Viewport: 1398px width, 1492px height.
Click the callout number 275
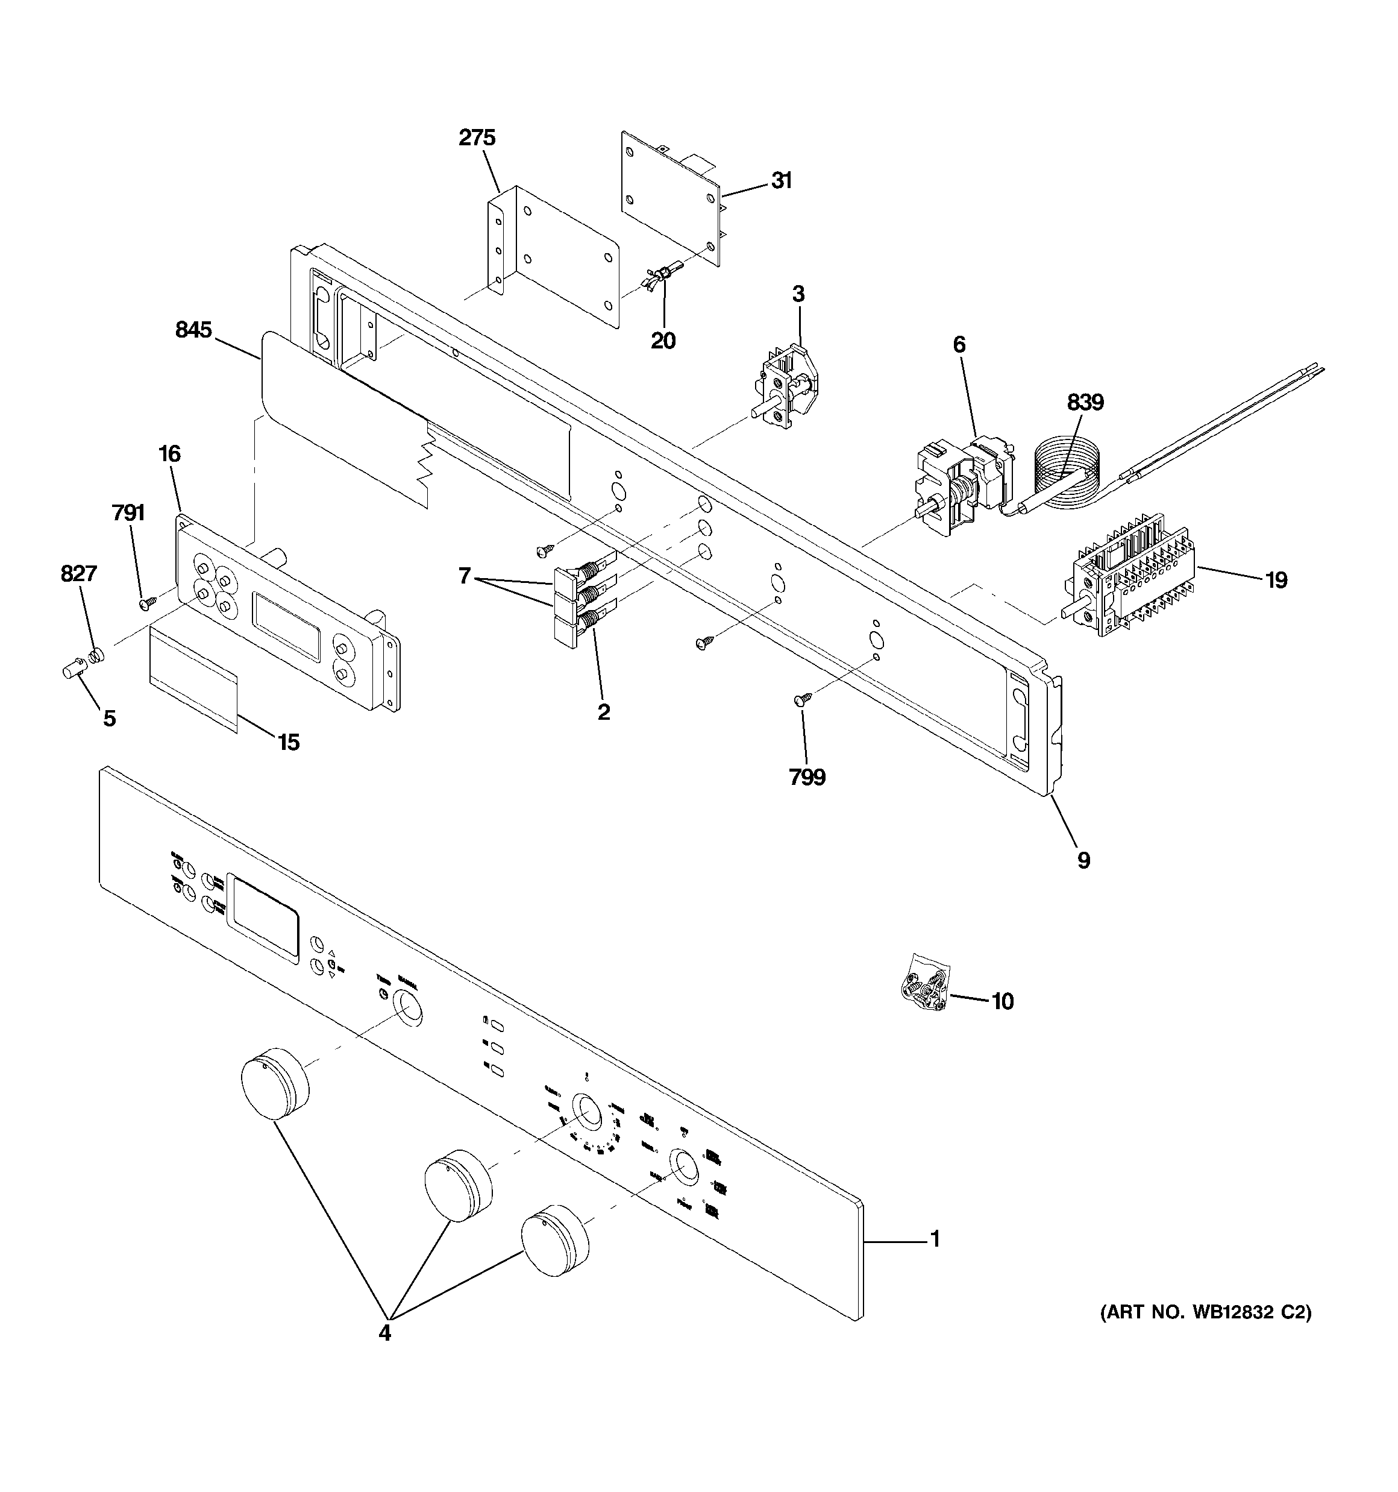point(477,138)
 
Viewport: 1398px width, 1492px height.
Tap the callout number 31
point(781,181)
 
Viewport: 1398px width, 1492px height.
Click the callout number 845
point(193,330)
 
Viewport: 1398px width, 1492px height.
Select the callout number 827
point(78,574)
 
